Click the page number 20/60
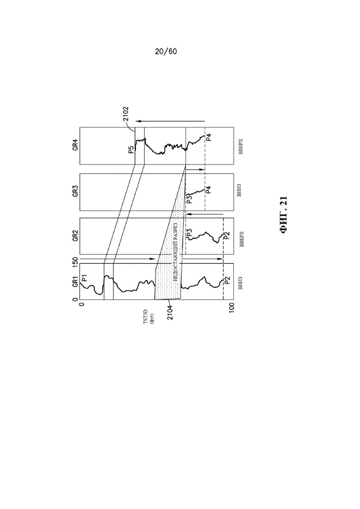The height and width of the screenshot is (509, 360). (166, 51)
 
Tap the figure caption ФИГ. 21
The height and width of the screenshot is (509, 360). (284, 215)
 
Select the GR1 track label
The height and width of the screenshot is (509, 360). (75, 281)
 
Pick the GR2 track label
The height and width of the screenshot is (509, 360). (75, 236)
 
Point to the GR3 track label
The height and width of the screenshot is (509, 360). (75, 191)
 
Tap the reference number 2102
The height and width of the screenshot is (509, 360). (126, 114)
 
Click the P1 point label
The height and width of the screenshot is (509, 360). (85, 278)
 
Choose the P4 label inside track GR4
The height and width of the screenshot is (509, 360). (209, 137)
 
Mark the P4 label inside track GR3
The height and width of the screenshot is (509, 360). (209, 189)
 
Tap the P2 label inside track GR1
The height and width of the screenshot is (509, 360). (227, 280)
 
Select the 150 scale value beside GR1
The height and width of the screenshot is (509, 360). (75, 262)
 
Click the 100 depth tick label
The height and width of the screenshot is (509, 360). (232, 307)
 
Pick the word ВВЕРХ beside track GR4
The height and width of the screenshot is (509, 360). (240, 147)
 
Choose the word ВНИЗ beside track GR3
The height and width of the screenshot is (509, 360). (240, 190)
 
